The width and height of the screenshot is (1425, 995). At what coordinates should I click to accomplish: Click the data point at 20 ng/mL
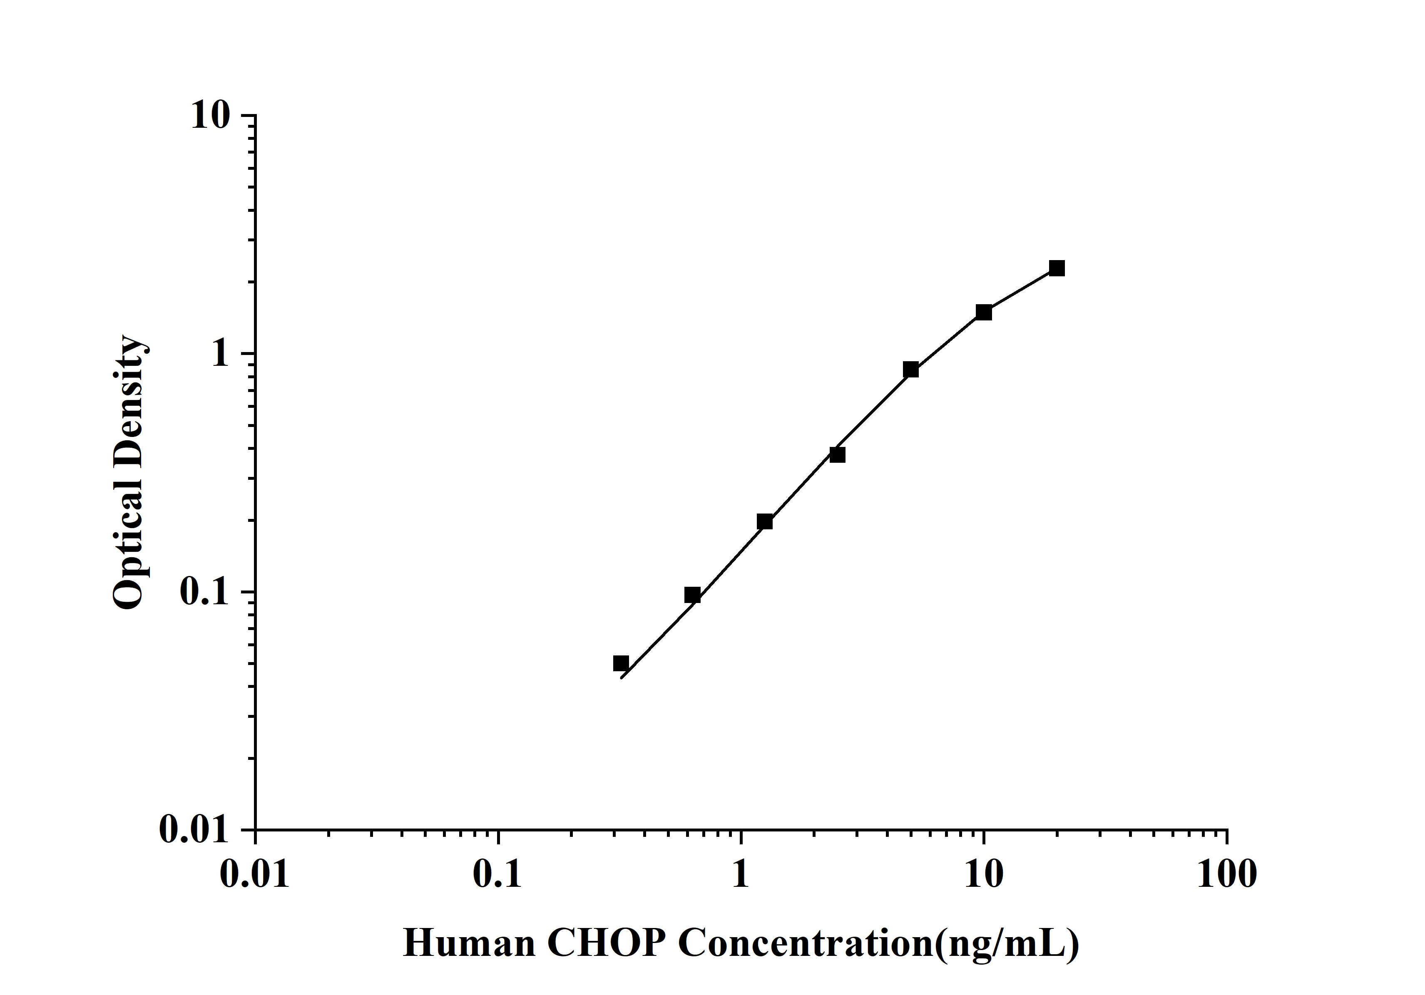1056,268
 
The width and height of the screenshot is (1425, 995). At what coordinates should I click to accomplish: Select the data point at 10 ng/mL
984,312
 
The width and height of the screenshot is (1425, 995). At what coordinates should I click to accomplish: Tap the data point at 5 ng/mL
910,370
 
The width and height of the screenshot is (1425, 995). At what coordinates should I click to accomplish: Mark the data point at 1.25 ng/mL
765,522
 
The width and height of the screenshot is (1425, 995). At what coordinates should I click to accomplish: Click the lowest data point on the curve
621,663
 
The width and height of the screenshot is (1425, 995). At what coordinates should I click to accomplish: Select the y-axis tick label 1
220,354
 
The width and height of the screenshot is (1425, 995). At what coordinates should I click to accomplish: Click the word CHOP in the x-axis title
607,943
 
